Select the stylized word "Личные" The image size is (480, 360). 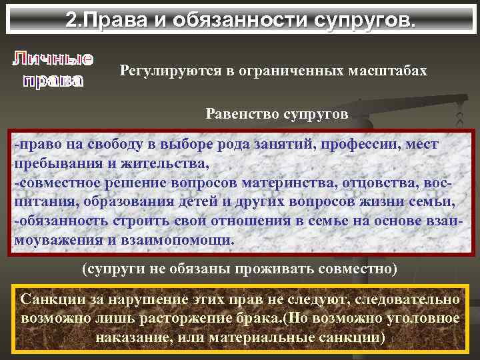tap(52, 59)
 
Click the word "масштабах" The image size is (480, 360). tap(390, 71)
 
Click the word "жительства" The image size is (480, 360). tap(169, 162)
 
